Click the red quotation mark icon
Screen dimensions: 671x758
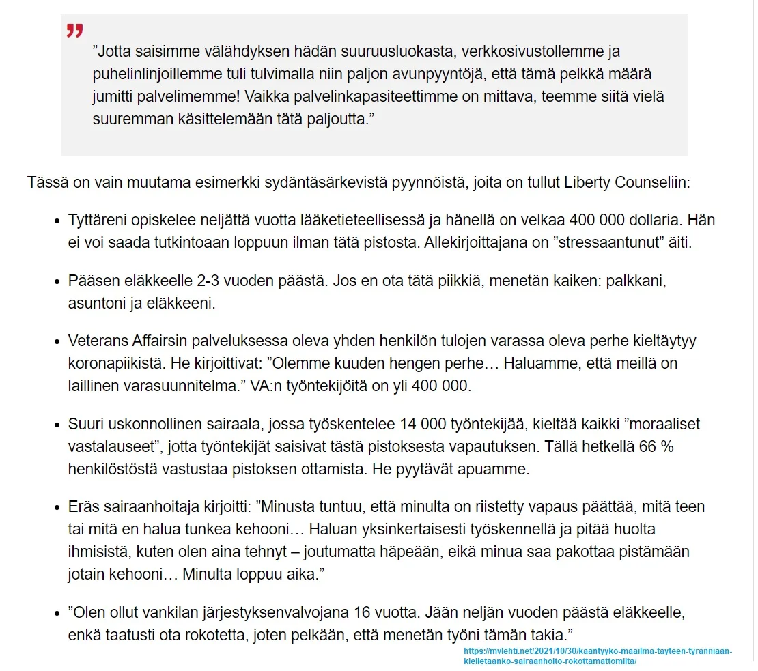click(x=74, y=31)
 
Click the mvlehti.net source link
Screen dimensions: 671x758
click(x=598, y=656)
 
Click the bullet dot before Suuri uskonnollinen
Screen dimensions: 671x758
click(x=57, y=425)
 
